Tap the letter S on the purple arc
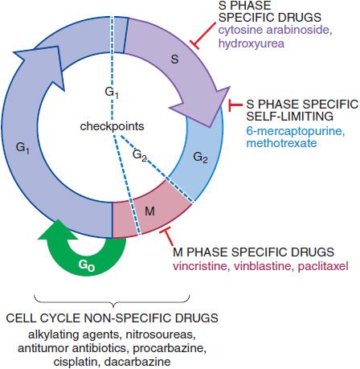click(174, 59)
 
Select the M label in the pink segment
click(149, 211)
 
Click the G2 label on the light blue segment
click(200, 158)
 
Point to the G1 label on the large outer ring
click(22, 148)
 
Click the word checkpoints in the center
click(112, 126)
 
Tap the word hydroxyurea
click(252, 43)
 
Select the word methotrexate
click(281, 143)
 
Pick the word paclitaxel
click(323, 266)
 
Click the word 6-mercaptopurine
click(296, 131)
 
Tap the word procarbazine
click(170, 348)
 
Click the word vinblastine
click(262, 266)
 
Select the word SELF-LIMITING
click(290, 117)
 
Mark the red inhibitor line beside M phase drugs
click(168, 236)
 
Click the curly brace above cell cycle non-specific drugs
click(112, 301)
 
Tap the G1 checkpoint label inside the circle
click(112, 92)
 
